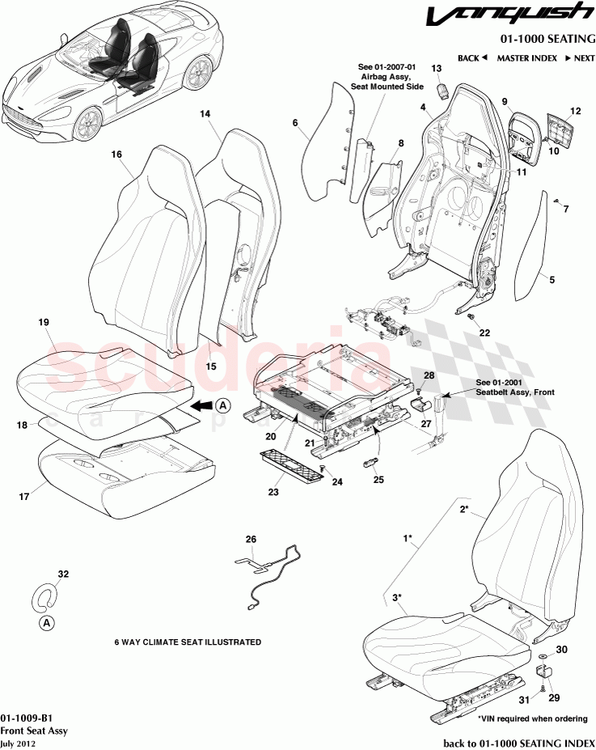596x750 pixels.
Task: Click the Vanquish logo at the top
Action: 514,16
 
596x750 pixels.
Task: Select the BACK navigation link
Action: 472,58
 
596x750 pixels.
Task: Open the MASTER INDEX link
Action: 526,58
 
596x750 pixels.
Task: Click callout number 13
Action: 436,69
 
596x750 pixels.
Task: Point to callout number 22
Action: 484,333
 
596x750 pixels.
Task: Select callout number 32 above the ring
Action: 63,574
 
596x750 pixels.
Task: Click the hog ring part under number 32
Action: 46,597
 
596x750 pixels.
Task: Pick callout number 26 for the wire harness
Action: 250,540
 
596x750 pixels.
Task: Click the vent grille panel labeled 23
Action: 290,465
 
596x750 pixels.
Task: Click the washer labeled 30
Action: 541,654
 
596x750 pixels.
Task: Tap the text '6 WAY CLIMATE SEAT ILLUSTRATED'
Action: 188,642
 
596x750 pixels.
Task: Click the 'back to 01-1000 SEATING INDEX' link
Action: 518,743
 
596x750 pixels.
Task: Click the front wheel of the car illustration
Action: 90,123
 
